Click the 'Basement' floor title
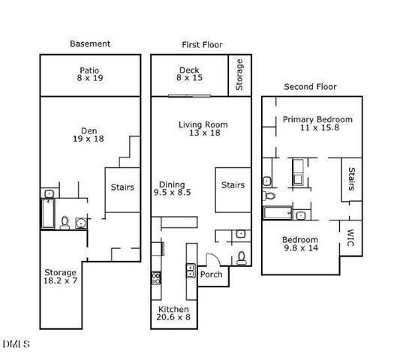(90, 43)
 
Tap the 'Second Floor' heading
(310, 86)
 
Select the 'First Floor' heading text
(202, 45)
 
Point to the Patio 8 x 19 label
(89, 73)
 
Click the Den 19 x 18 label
(89, 133)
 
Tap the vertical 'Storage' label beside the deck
(239, 76)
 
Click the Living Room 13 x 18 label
(203, 129)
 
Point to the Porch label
(211, 274)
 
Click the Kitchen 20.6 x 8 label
(173, 313)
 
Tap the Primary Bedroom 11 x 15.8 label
(317, 124)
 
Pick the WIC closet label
(350, 238)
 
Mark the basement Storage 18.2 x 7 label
(59, 277)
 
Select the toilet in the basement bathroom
(65, 223)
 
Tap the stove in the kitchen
(157, 277)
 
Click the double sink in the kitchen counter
(191, 271)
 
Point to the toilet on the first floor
(241, 257)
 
